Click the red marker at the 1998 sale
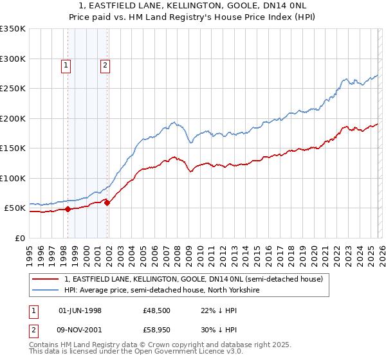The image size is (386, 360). point(68,209)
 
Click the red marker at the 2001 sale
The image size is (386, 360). point(107,203)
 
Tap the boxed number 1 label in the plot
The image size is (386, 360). point(67,64)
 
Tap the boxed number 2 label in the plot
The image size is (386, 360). point(105,64)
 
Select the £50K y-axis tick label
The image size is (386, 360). point(14,208)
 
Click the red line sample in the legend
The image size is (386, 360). point(46,279)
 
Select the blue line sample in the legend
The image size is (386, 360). point(46,290)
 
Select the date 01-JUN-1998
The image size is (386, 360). point(80,310)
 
